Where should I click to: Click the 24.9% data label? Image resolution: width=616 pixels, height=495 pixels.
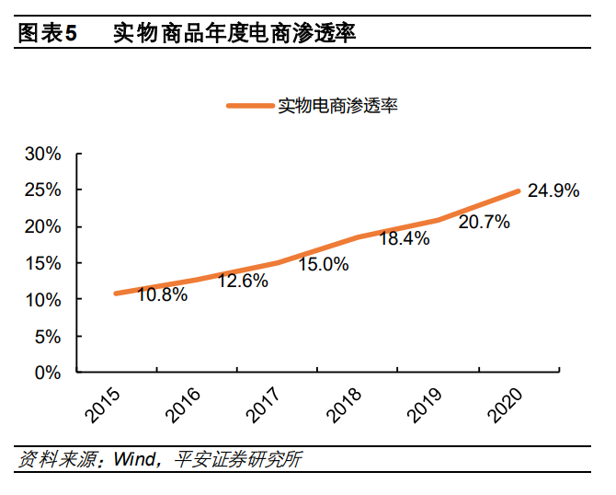pos(553,191)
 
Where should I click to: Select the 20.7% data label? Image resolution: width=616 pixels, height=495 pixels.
pos(485,223)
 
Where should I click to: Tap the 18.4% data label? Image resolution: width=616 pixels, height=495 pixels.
pos(404,239)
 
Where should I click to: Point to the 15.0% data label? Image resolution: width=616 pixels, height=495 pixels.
pos(324,264)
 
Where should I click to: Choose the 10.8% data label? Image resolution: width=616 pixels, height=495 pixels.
pos(163,295)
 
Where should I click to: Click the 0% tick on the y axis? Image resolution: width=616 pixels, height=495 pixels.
pos(48,374)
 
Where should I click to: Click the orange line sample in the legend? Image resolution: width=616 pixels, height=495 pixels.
pos(251,106)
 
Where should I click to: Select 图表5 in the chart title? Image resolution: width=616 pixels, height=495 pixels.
pos(47,34)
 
